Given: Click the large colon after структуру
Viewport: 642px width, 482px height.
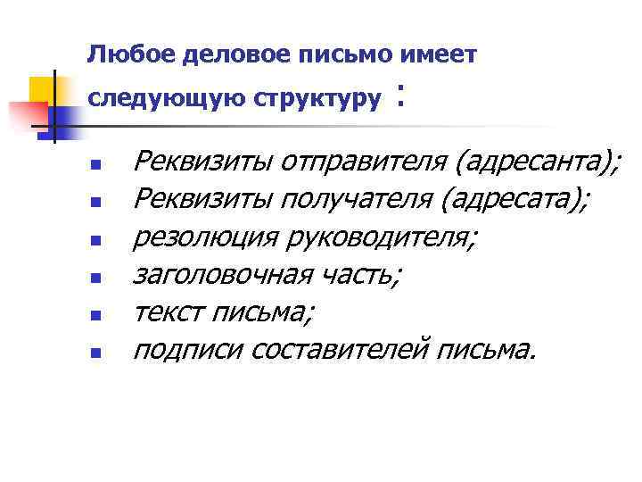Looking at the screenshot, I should pos(403,96).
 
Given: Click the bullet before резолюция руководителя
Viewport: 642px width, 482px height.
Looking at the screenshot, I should pos(96,241).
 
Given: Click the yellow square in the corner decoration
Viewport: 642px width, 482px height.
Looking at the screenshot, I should pos(41,88).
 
